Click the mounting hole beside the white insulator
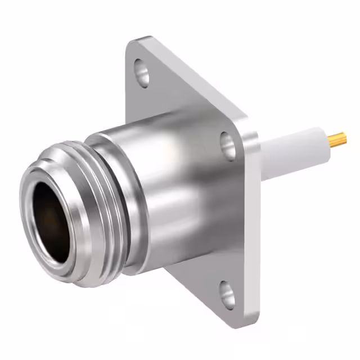(228, 145)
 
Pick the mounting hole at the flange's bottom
(227, 294)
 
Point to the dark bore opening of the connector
(51, 222)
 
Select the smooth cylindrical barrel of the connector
(169, 186)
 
